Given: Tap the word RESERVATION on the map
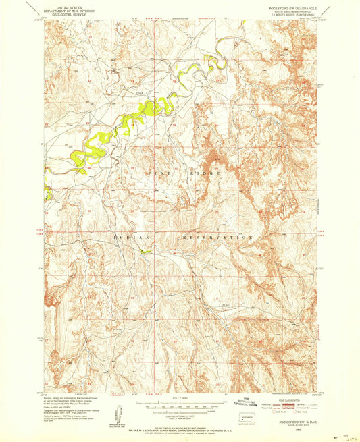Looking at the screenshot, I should click(217, 238).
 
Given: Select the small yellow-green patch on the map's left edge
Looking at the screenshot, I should click(47, 192).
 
